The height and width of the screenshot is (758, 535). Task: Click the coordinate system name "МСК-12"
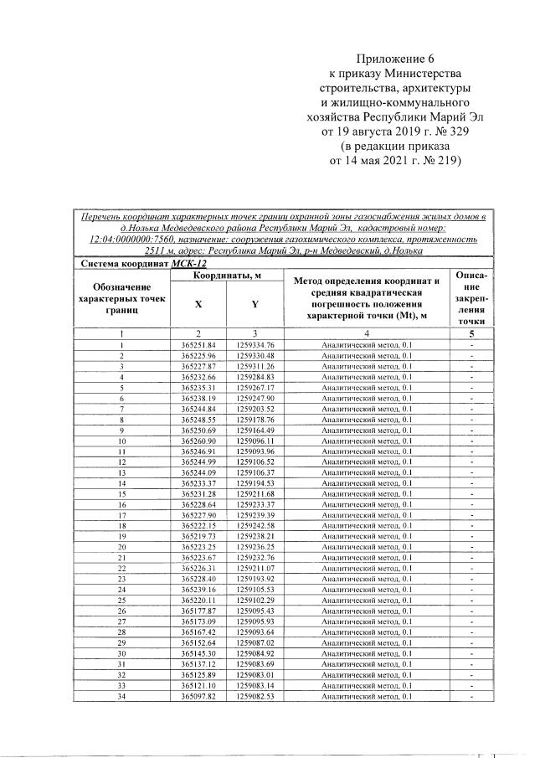[188, 264]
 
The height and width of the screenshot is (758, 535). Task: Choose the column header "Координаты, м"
[226, 276]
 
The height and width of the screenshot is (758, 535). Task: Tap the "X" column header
[198, 305]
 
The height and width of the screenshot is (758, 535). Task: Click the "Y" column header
[254, 305]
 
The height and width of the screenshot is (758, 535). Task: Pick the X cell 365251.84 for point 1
[198, 345]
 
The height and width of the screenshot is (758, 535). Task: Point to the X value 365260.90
[198, 440]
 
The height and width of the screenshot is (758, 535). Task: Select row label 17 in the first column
[122, 515]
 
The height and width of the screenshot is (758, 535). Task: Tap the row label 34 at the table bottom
[122, 695]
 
